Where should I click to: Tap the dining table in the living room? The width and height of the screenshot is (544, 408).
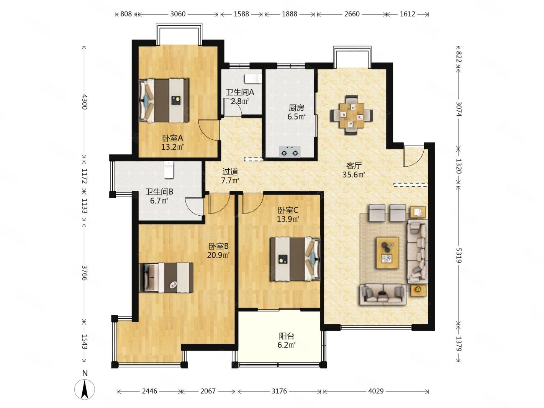click(351, 115)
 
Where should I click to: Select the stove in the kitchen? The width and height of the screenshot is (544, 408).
click(290, 152)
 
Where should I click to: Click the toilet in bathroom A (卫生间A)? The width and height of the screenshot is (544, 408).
click(253, 79)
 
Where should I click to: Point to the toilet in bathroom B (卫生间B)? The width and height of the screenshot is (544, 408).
click(169, 170)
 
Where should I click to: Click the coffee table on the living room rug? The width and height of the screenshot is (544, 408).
click(387, 253)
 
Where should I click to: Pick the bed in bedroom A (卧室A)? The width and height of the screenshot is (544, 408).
click(164, 100)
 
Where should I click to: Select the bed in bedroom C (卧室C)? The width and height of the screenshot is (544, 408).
click(295, 259)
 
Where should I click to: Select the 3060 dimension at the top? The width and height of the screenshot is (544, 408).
click(178, 14)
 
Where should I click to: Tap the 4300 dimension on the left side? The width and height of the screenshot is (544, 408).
click(85, 102)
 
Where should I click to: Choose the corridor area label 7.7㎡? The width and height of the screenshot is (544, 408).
click(230, 180)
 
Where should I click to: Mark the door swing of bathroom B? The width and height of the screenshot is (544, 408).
click(194, 206)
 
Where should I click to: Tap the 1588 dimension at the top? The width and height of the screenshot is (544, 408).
click(241, 14)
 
